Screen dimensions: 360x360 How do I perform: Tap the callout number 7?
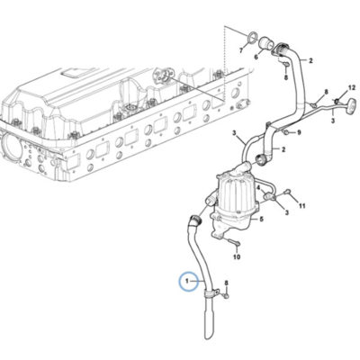tap(241, 50)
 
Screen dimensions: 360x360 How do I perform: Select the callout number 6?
tap(256, 57)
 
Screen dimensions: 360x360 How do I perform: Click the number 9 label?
tap(299, 132)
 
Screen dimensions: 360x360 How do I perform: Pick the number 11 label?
tap(301, 206)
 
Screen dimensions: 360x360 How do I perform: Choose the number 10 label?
tap(237, 256)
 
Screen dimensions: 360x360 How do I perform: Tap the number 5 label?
tap(261, 220)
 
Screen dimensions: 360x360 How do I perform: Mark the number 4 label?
tap(258, 186)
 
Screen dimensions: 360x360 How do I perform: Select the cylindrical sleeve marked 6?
tap(265, 43)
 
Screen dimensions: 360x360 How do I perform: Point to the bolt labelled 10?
tap(232, 241)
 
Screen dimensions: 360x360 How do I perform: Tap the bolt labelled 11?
tap(288, 191)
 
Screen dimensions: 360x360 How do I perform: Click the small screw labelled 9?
tap(286, 132)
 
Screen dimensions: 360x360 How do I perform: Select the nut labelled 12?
tap(337, 100)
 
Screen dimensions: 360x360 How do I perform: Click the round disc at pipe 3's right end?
tap(351, 108)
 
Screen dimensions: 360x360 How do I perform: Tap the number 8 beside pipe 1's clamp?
tap(227, 283)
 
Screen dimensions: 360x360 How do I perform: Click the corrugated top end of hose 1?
tap(195, 220)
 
